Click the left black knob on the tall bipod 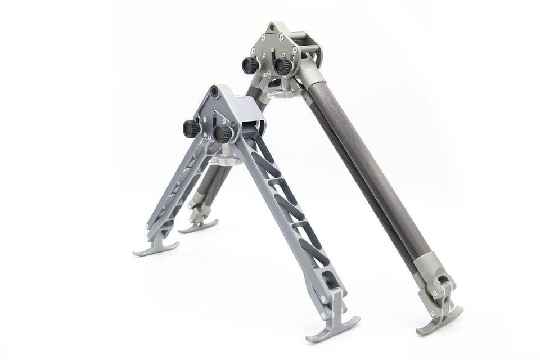point(250,66)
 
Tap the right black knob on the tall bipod point(282,65)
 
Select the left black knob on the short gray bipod point(191,129)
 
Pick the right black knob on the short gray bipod point(223,133)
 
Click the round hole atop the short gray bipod point(214,91)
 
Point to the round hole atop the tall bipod point(272,28)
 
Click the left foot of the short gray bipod point(156,248)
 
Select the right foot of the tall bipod point(439,318)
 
